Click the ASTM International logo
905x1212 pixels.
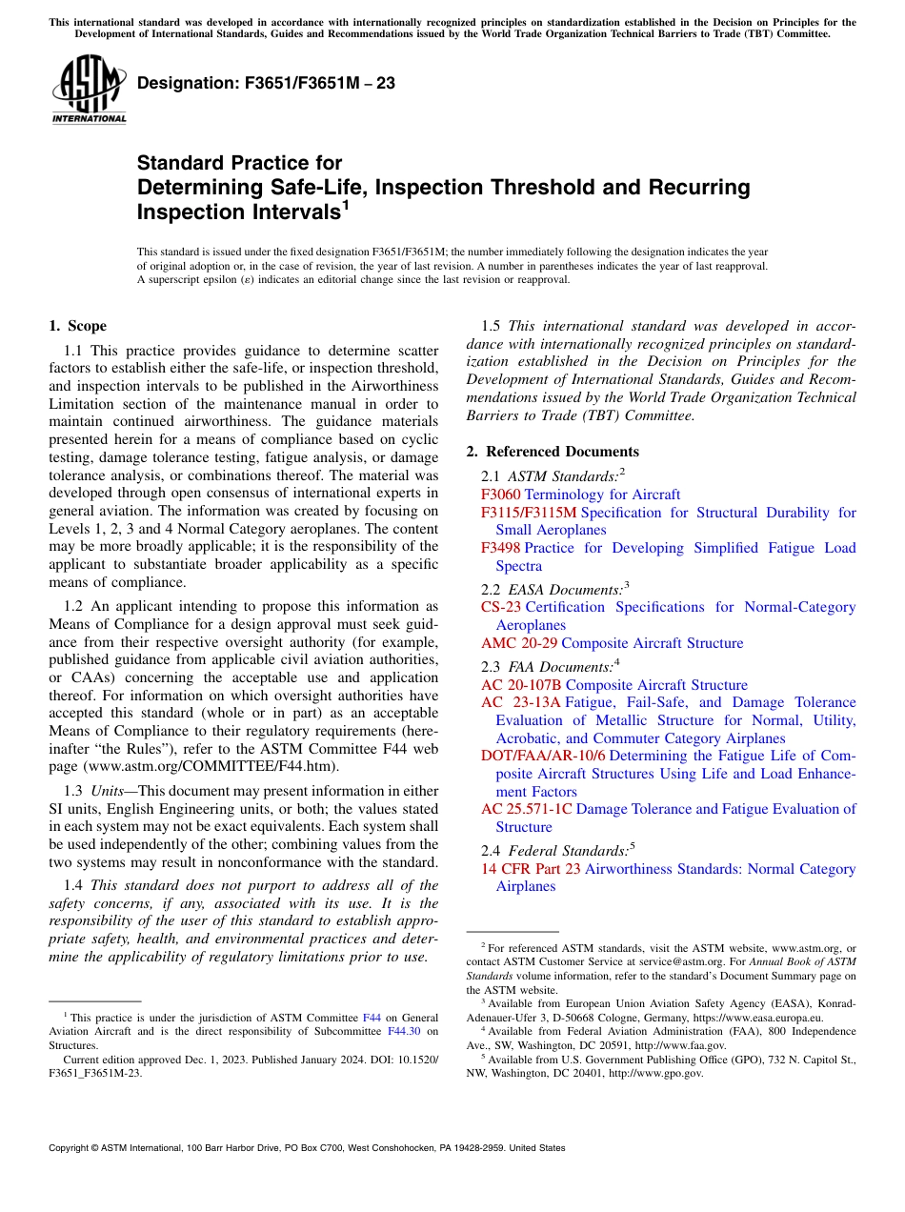[x=89, y=89]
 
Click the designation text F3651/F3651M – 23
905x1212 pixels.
[x=267, y=84]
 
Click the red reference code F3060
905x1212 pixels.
[x=501, y=495]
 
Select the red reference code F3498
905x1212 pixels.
[x=501, y=548]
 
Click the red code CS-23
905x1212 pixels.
[x=501, y=607]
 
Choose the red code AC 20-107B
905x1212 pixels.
[x=521, y=685]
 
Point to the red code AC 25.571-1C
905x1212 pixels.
[x=527, y=809]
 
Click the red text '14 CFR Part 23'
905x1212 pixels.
[x=531, y=869]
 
